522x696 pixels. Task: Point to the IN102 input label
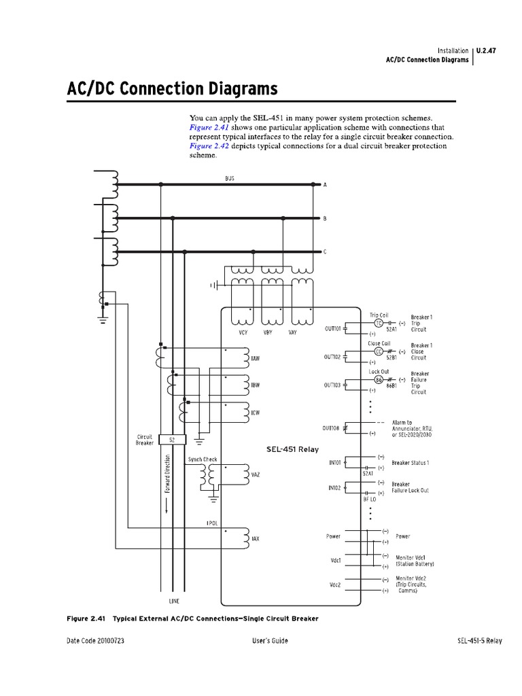coord(334,487)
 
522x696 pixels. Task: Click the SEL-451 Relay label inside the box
coord(292,449)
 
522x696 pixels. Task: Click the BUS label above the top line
coord(230,178)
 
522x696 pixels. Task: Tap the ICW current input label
coord(256,412)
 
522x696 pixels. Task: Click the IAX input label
coord(256,539)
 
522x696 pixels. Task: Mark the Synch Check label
coord(203,459)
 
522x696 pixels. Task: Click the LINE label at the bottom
coord(175,602)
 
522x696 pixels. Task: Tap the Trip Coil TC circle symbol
coord(379,323)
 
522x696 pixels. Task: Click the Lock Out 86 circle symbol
coord(379,379)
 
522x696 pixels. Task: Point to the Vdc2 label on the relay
coord(335,585)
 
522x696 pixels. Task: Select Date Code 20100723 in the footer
coord(95,642)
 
